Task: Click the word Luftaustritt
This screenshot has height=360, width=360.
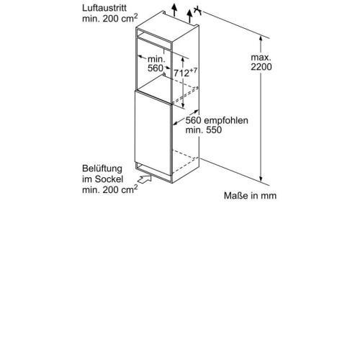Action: (x=104, y=8)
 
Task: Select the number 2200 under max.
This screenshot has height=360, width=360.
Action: (x=261, y=67)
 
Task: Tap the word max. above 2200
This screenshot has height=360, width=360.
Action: (x=261, y=58)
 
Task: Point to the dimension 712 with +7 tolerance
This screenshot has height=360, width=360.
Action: (x=186, y=73)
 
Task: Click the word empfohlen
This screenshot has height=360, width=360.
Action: (x=226, y=120)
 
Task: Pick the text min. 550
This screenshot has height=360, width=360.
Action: (x=204, y=130)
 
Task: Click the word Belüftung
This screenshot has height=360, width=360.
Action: (x=102, y=168)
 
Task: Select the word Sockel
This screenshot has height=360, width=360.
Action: (x=109, y=179)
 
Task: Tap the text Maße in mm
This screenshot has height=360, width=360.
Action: (x=250, y=196)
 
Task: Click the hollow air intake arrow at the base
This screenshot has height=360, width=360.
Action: (x=145, y=179)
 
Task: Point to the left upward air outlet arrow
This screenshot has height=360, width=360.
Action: (x=174, y=10)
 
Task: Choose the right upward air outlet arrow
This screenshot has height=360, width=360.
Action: (x=190, y=17)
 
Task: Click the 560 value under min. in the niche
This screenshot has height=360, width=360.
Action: (x=156, y=68)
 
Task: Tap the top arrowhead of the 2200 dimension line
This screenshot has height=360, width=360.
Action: (x=261, y=39)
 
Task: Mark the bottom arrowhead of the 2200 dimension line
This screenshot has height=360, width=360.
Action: (x=261, y=179)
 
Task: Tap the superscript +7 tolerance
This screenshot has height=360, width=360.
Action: (x=194, y=71)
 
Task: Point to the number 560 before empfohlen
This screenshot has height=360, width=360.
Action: (x=194, y=120)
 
